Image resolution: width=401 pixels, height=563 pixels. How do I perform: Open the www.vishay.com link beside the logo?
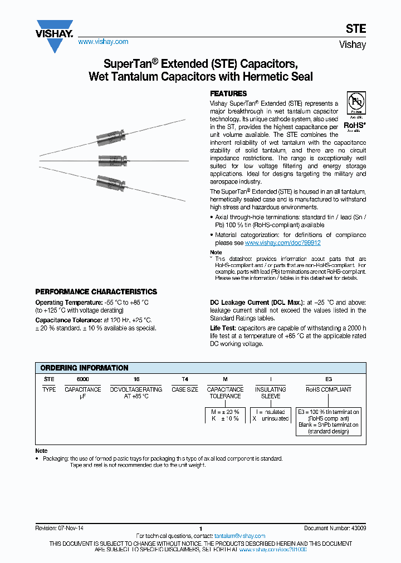103,42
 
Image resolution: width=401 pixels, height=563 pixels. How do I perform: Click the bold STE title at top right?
356,29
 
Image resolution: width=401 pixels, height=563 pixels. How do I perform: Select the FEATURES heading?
228,93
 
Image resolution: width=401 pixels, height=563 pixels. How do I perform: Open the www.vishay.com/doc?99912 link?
283,243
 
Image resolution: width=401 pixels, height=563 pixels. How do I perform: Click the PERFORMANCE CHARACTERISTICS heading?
96,292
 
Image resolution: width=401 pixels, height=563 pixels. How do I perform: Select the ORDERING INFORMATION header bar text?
85,368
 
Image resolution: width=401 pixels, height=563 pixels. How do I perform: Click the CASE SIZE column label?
184,389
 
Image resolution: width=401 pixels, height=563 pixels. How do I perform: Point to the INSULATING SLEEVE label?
271,393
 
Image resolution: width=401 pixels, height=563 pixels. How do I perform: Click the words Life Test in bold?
223,329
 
